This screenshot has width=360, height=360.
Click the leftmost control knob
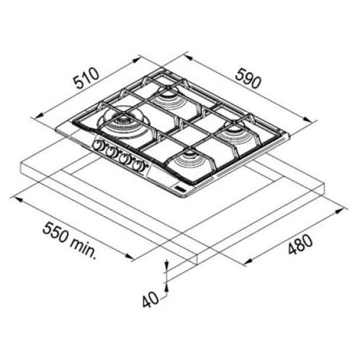(98, 148)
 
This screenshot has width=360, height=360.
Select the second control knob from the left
(112, 153)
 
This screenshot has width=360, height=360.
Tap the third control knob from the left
(125, 158)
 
